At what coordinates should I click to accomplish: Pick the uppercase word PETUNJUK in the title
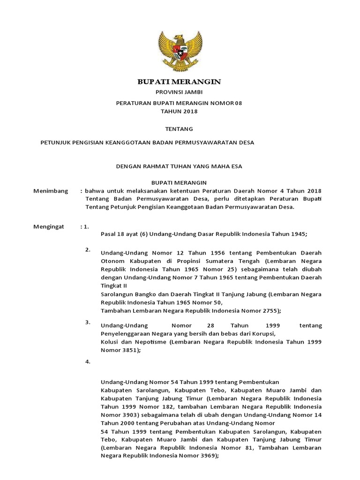coord(55,142)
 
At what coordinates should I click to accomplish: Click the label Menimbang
coord(51,191)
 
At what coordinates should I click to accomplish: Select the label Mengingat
coord(50,226)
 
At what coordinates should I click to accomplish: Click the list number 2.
coord(88,249)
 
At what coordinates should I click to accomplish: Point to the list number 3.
coord(88,322)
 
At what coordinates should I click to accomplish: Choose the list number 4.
coord(88,361)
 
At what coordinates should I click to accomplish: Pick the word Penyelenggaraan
coord(128,333)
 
